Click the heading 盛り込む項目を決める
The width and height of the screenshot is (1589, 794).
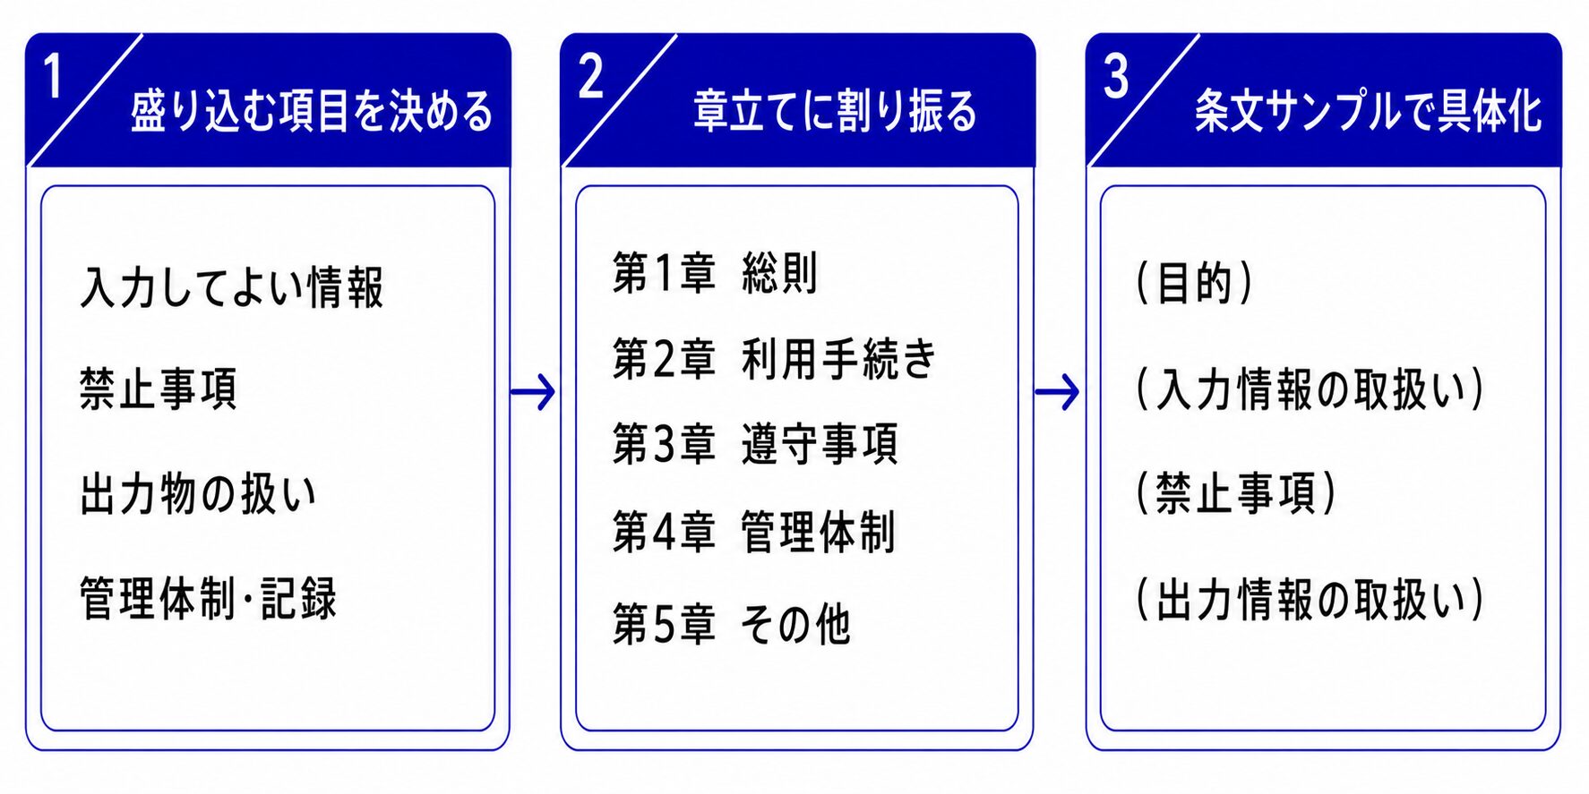(x=312, y=112)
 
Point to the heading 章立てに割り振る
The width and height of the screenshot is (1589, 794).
(x=835, y=112)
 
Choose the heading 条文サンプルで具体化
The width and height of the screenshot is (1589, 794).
(x=1368, y=112)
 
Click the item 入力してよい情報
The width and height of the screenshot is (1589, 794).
(x=232, y=287)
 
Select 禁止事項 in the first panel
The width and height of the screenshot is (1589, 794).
(x=159, y=389)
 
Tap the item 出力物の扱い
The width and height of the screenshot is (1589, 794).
(x=198, y=494)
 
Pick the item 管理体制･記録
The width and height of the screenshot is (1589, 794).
(x=209, y=599)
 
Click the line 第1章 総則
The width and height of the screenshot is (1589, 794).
(x=715, y=273)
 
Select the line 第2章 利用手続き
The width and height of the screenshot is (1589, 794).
(x=774, y=359)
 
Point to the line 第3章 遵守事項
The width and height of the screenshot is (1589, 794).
(x=755, y=445)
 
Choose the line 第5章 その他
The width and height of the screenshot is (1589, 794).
(x=732, y=624)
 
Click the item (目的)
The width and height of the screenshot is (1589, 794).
(x=1194, y=283)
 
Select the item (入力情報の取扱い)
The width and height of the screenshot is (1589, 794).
(x=1310, y=389)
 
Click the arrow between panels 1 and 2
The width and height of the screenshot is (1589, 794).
(x=533, y=391)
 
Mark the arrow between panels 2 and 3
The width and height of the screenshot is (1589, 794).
(x=1057, y=391)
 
